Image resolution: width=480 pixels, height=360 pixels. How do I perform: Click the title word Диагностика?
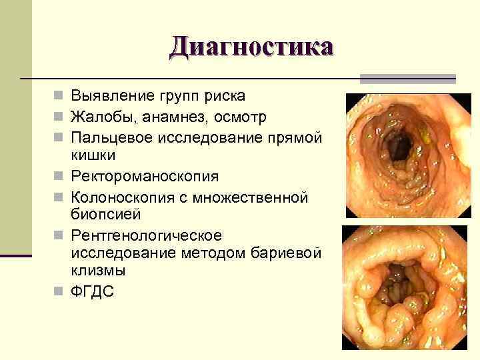(251, 47)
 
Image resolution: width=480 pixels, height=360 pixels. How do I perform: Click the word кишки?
(93, 155)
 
